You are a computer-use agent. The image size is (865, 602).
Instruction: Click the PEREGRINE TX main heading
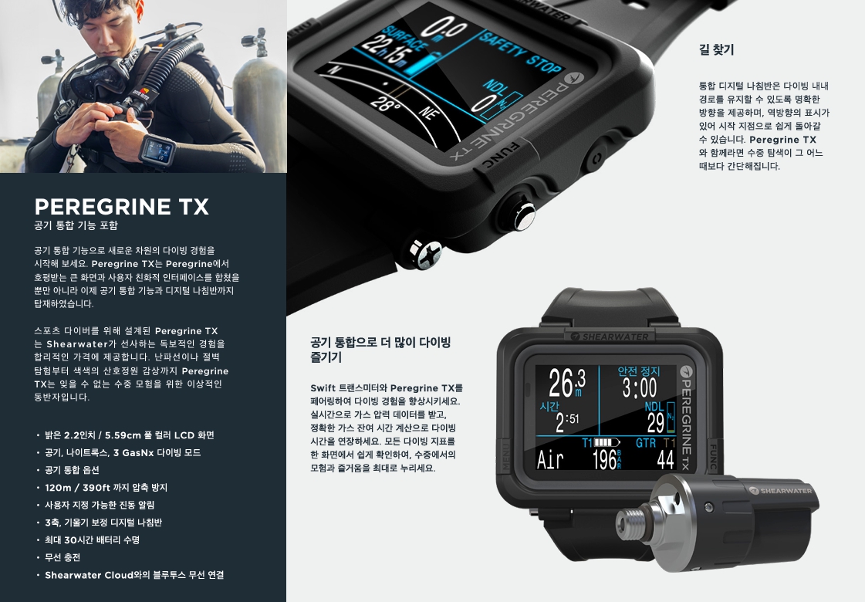(x=121, y=207)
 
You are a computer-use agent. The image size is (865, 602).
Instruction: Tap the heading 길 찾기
(x=716, y=49)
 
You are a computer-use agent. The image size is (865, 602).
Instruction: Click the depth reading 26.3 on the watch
(x=566, y=383)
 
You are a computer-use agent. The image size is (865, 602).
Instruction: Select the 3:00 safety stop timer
(x=640, y=387)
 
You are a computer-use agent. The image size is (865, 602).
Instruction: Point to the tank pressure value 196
(x=604, y=460)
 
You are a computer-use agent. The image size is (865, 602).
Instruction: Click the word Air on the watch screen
(x=550, y=459)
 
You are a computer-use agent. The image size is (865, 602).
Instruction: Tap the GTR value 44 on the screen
(x=665, y=459)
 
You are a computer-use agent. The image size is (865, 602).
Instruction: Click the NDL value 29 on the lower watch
(x=655, y=423)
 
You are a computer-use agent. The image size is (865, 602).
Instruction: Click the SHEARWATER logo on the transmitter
(x=780, y=490)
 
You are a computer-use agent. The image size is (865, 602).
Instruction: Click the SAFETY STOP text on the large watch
(x=519, y=53)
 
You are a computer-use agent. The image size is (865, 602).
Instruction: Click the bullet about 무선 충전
(x=63, y=557)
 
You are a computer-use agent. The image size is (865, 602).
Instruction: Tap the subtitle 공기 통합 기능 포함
(x=76, y=225)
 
